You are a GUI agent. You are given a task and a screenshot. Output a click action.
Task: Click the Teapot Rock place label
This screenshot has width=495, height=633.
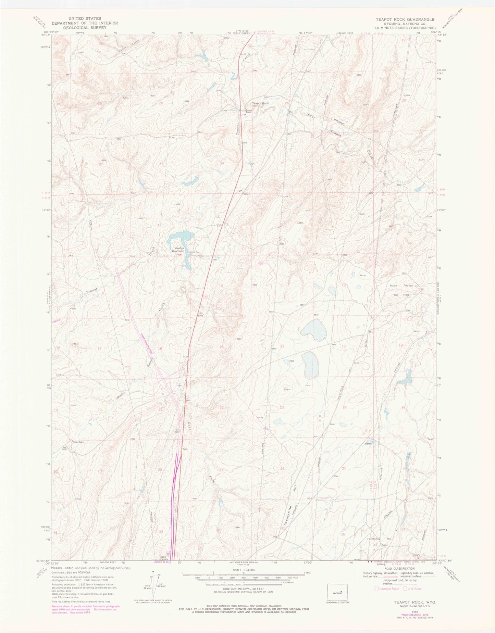tap(260, 103)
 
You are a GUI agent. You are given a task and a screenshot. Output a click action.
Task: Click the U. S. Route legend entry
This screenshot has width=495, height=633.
tap(413, 589)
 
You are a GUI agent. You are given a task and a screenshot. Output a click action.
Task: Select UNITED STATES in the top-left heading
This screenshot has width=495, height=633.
tap(85, 18)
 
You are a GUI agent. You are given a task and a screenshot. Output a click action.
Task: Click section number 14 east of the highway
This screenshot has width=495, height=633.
tap(283, 347)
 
